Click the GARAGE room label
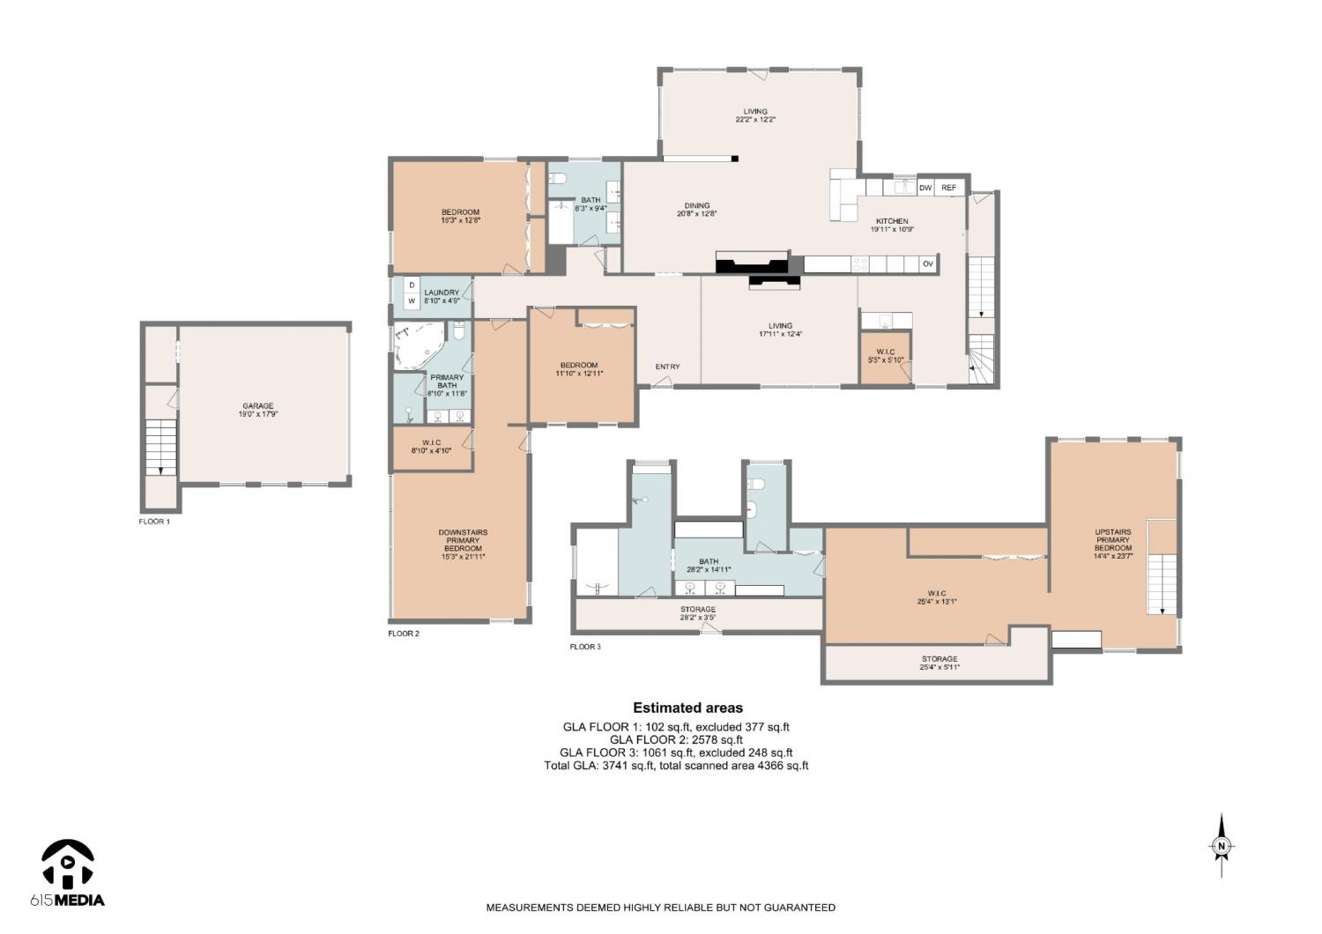tap(258, 406)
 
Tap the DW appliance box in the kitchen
tap(925, 188)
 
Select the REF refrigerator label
tap(948, 188)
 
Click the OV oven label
tap(928, 263)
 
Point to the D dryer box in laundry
tap(412, 285)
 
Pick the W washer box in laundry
tap(412, 301)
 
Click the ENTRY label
tap(667, 367)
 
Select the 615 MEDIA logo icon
tap(67, 864)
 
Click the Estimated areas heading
tap(687, 708)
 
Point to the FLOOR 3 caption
tap(585, 647)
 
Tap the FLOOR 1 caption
tap(154, 522)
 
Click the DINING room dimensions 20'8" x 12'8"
tap(697, 214)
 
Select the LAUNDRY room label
tap(442, 293)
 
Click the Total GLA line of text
tap(676, 766)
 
